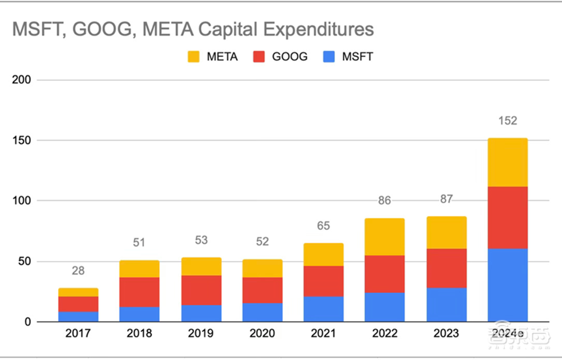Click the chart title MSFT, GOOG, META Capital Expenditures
coord(193,30)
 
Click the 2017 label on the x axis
coord(78,334)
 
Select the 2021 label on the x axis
coord(323,334)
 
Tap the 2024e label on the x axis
coord(507,334)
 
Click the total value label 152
coord(507,121)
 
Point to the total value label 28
coord(78,271)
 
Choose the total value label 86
coord(384,201)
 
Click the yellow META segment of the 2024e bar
coord(507,162)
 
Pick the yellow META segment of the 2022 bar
coord(384,236)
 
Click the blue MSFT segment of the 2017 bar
coord(78,317)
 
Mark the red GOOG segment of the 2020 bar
coord(262,290)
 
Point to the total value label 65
coord(323,226)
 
